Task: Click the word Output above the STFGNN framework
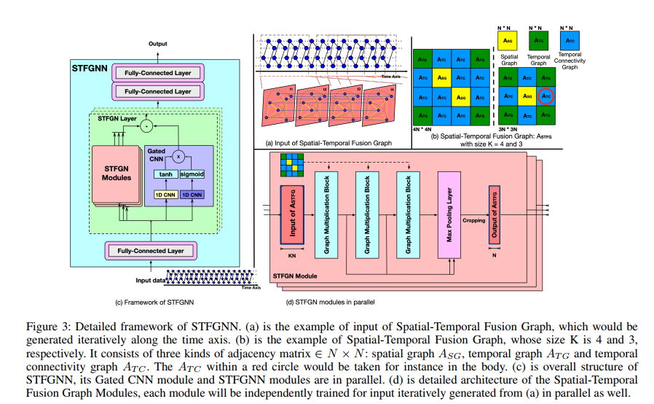tap(158, 44)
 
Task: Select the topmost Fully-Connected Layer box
tap(158, 73)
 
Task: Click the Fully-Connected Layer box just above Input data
tap(151, 251)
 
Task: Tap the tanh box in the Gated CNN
tap(166, 174)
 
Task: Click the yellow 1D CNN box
tap(165, 195)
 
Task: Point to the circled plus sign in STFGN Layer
tap(147, 125)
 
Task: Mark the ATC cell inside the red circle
tap(545, 95)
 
